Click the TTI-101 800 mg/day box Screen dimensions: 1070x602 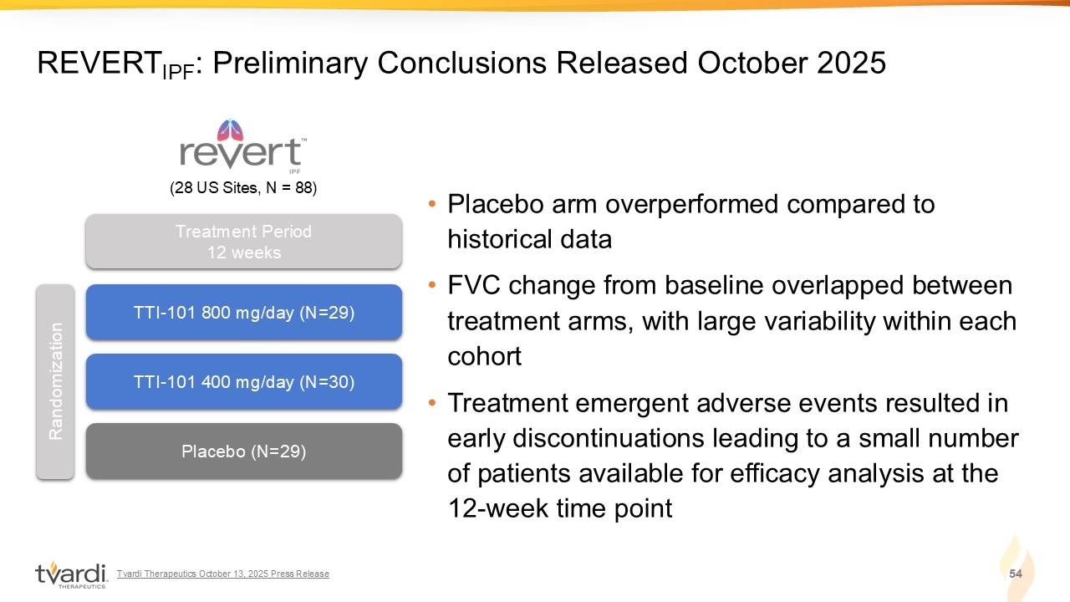click(x=243, y=312)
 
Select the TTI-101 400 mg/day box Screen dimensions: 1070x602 click(x=243, y=381)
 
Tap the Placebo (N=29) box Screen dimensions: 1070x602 click(x=243, y=451)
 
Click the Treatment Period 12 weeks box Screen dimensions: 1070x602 click(x=243, y=242)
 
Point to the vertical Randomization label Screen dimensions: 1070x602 click(x=55, y=381)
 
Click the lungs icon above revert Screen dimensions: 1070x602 click(x=230, y=130)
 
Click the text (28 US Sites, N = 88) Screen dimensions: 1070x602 click(x=243, y=188)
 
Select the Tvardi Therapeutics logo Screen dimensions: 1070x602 click(x=71, y=574)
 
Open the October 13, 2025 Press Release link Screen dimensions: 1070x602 click(x=223, y=574)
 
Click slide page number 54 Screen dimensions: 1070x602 click(x=1016, y=574)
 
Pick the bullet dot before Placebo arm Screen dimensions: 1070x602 click(x=432, y=204)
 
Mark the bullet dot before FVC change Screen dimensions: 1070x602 click(x=432, y=285)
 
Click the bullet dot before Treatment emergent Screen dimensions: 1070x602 click(x=432, y=403)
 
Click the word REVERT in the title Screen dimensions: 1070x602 click(x=99, y=63)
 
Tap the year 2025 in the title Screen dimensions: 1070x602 click(x=851, y=63)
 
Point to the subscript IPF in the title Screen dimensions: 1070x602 click(x=178, y=72)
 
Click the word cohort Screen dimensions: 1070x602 click(x=484, y=356)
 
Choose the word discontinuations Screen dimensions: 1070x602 click(x=608, y=438)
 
